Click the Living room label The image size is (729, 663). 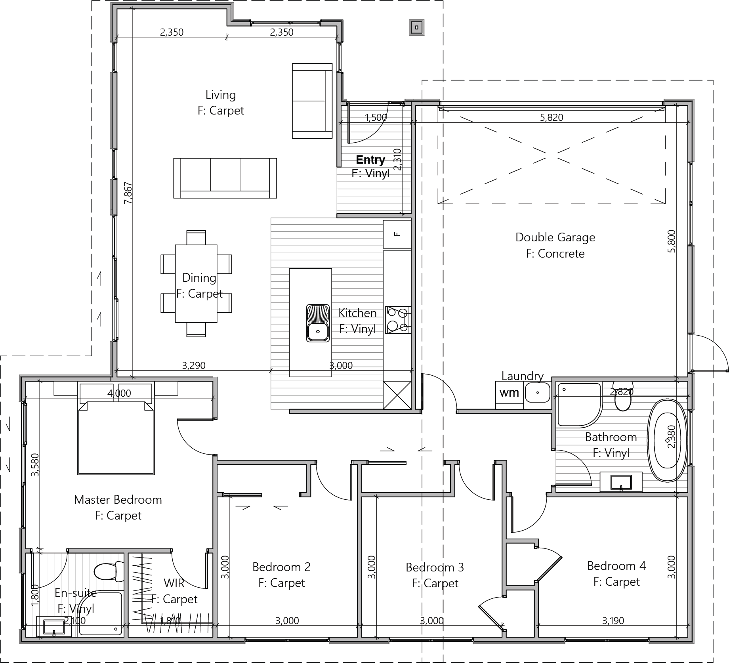pyautogui.click(x=221, y=95)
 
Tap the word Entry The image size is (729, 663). pyautogui.click(x=370, y=160)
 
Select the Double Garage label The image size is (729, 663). pyautogui.click(x=555, y=237)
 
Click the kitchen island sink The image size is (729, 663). pyautogui.click(x=318, y=323)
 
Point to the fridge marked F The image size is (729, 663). pyautogui.click(x=397, y=234)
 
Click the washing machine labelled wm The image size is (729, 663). pyautogui.click(x=509, y=393)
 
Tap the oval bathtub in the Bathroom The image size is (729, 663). pyautogui.click(x=667, y=440)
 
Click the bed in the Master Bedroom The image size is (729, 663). pyautogui.click(x=116, y=438)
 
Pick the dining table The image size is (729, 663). pyautogui.click(x=196, y=284)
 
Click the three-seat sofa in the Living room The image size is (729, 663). pyautogui.click(x=225, y=178)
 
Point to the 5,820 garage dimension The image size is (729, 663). pyautogui.click(x=552, y=117)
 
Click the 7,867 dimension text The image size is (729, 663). pyautogui.click(x=128, y=193)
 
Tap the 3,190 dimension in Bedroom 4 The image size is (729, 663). pyautogui.click(x=613, y=621)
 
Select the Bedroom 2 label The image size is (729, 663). pyautogui.click(x=281, y=567)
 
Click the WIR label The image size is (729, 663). pyautogui.click(x=174, y=583)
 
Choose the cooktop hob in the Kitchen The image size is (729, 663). pyautogui.click(x=398, y=320)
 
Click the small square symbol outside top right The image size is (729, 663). pyautogui.click(x=417, y=28)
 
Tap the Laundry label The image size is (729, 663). pyautogui.click(x=522, y=376)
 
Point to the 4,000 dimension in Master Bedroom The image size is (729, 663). pyautogui.click(x=119, y=393)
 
